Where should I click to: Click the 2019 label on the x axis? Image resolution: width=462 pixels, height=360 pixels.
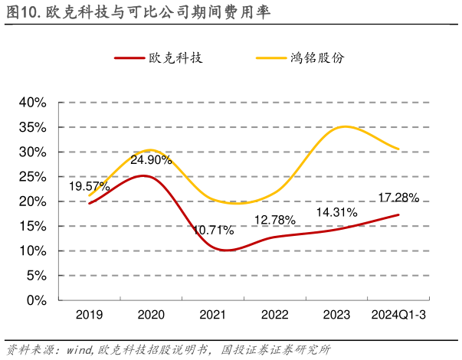pos(89,316)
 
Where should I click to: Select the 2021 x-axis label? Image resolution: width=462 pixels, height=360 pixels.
pos(212,316)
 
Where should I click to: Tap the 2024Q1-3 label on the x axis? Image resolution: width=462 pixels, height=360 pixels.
pos(398,316)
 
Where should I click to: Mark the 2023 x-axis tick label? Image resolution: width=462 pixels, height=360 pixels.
pos(336,316)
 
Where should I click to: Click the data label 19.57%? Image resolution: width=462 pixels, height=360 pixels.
pos(90,186)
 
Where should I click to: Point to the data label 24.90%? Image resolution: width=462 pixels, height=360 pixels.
pos(151,160)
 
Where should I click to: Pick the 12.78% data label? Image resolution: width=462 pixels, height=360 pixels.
pos(275,221)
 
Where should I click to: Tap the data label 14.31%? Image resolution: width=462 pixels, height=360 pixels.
pos(337,211)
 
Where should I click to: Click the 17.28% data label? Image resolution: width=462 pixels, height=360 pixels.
pos(398,198)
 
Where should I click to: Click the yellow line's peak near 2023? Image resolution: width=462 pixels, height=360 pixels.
pos(346,126)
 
